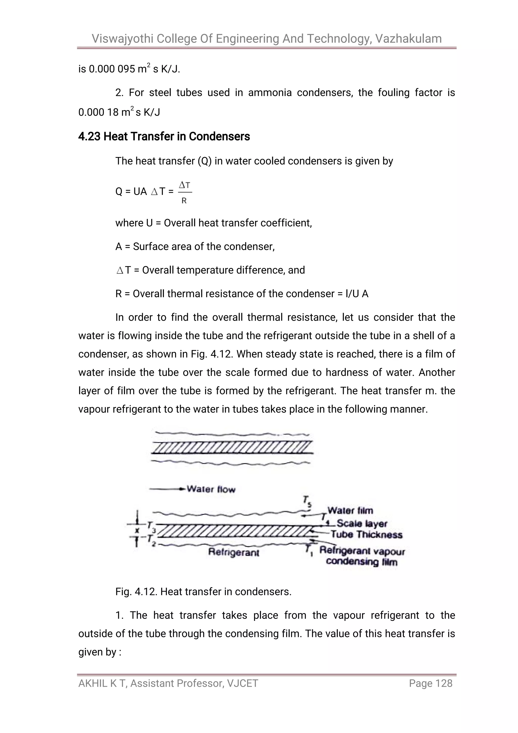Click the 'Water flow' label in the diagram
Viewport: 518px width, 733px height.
tap(211, 489)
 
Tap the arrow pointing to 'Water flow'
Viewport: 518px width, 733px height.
tap(167, 489)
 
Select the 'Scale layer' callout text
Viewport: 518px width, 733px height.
tap(362, 524)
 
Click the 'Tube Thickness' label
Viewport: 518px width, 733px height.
tap(366, 534)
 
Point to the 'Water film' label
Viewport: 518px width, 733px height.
tap(350, 510)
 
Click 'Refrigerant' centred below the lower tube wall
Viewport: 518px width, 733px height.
tap(233, 552)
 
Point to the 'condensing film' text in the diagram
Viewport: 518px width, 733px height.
tap(362, 562)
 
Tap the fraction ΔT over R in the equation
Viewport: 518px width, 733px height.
tap(184, 192)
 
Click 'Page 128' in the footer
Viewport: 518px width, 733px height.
tap(430, 683)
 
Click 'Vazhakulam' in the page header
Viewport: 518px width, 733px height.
tap(408, 39)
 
